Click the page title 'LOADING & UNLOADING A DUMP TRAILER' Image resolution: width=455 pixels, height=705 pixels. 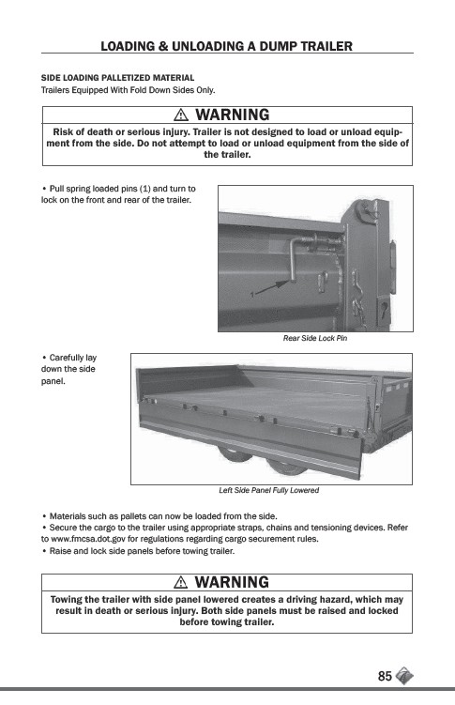coord(226,46)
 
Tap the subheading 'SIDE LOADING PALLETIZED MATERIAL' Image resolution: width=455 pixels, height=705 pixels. coord(117,78)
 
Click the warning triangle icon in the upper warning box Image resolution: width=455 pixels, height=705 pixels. coord(180,115)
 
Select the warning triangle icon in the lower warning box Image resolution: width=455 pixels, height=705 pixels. coord(180,582)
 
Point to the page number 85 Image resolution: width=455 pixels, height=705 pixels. coord(385,676)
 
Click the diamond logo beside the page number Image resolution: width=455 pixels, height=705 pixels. coord(404,676)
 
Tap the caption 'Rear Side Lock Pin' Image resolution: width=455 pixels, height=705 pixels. coord(315,338)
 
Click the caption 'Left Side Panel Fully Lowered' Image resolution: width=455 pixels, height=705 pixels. coord(268,490)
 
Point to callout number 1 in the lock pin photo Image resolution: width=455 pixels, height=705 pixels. coord(252,295)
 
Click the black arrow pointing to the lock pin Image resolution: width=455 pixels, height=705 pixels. coord(273,288)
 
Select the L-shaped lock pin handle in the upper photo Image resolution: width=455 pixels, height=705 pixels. coord(293,258)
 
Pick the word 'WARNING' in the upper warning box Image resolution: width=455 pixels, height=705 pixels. coord(233,115)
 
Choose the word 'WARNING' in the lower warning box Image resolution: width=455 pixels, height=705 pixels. coord(232,582)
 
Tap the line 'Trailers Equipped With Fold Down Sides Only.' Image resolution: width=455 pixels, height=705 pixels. coord(128,90)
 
